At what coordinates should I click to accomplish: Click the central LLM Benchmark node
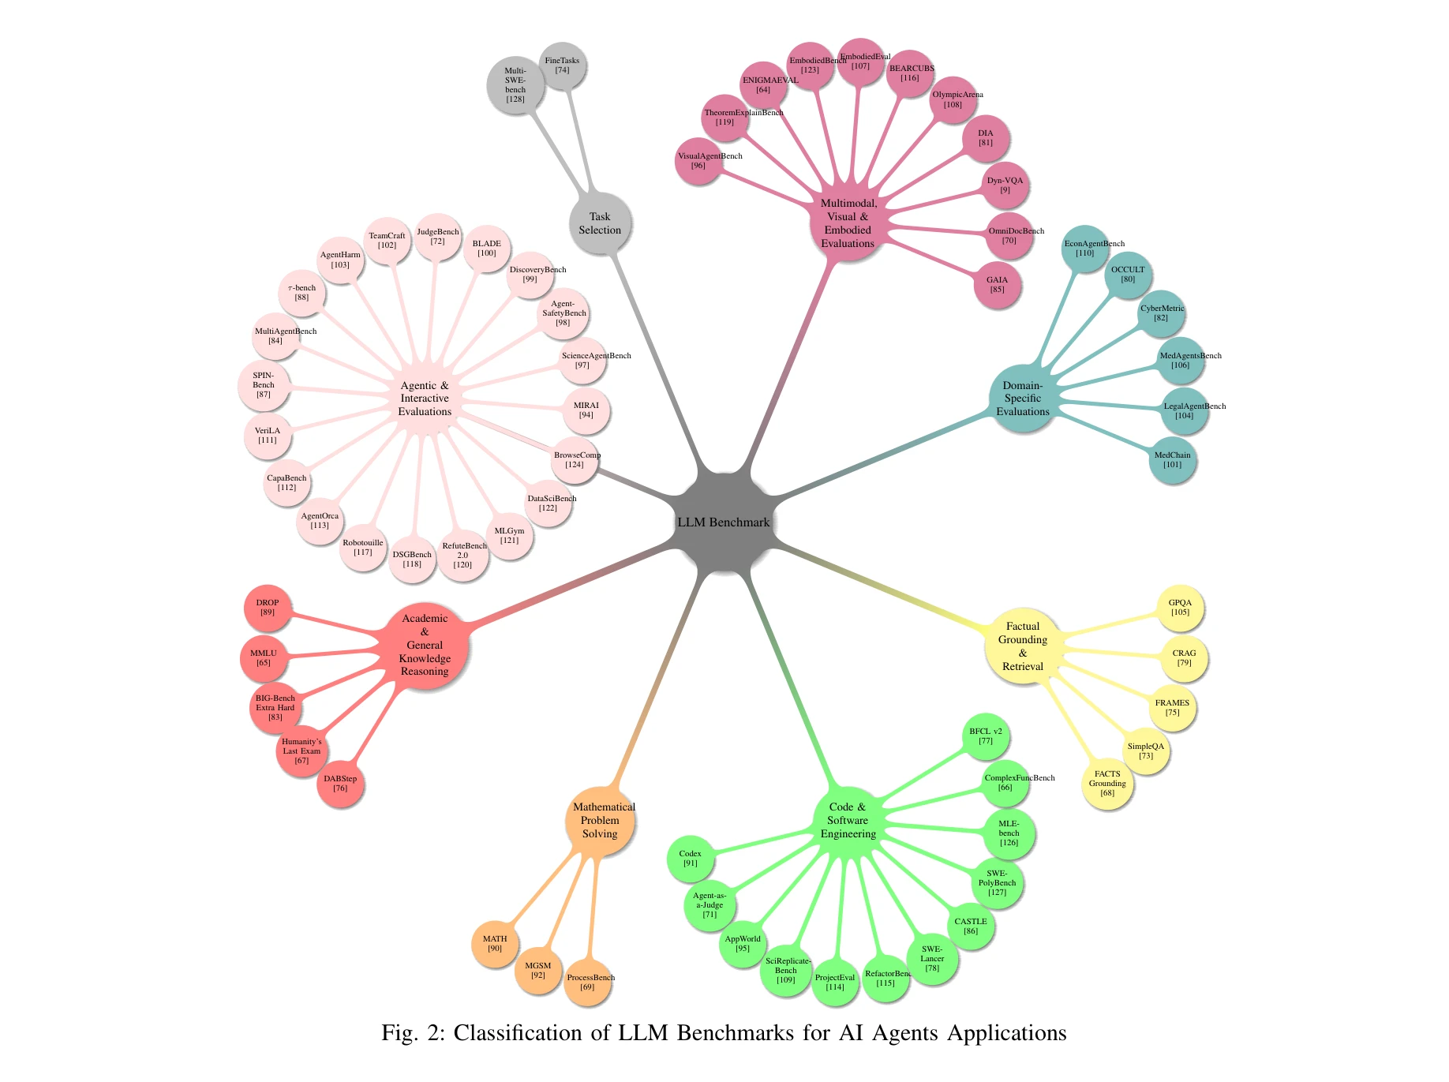tap(723, 522)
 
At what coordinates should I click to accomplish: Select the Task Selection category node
tap(600, 223)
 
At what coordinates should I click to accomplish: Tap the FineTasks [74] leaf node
tap(562, 66)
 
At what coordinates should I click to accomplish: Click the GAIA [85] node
tap(997, 285)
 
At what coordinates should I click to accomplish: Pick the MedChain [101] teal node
tap(1172, 460)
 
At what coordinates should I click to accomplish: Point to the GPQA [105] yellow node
tap(1180, 608)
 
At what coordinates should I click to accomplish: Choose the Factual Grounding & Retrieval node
tap(1022, 646)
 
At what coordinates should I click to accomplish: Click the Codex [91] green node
tap(690, 859)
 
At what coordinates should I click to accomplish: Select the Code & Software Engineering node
tap(848, 821)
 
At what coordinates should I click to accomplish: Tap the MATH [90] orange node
tap(495, 944)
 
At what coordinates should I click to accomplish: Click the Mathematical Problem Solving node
tap(600, 821)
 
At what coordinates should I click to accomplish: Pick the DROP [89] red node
tap(268, 608)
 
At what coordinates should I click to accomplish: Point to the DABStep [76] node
tap(340, 784)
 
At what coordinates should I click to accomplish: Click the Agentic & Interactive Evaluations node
tap(425, 399)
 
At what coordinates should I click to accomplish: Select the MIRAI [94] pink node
tap(586, 410)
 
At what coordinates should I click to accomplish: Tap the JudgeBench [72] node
tap(437, 237)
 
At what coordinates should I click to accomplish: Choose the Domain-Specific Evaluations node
tap(1022, 399)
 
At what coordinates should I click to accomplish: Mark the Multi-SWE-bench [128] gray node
tap(515, 85)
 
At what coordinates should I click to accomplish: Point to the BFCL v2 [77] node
tap(986, 736)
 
